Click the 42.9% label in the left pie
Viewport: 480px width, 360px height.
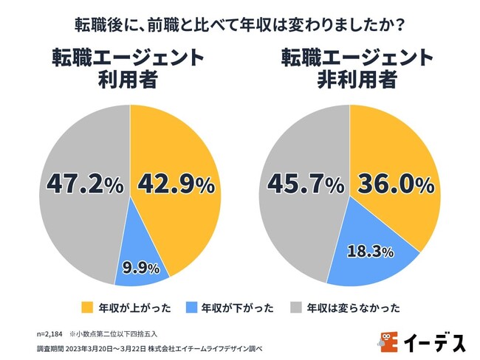pyautogui.click(x=175, y=184)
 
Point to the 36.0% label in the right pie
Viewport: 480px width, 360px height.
pyautogui.click(x=395, y=184)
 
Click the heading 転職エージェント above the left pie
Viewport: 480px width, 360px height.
pyautogui.click(x=130, y=58)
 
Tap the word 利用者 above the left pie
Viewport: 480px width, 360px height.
pyautogui.click(x=130, y=80)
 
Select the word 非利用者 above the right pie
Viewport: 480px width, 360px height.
pyautogui.click(x=352, y=80)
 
